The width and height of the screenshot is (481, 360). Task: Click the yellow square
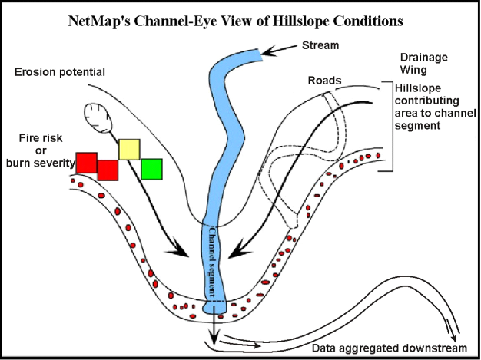click(129, 150)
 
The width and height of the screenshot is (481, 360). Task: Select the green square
click(151, 169)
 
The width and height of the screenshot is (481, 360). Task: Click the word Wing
click(413, 71)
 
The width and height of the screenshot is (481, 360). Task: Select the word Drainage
click(424, 58)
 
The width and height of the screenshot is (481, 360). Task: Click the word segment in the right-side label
click(416, 128)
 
